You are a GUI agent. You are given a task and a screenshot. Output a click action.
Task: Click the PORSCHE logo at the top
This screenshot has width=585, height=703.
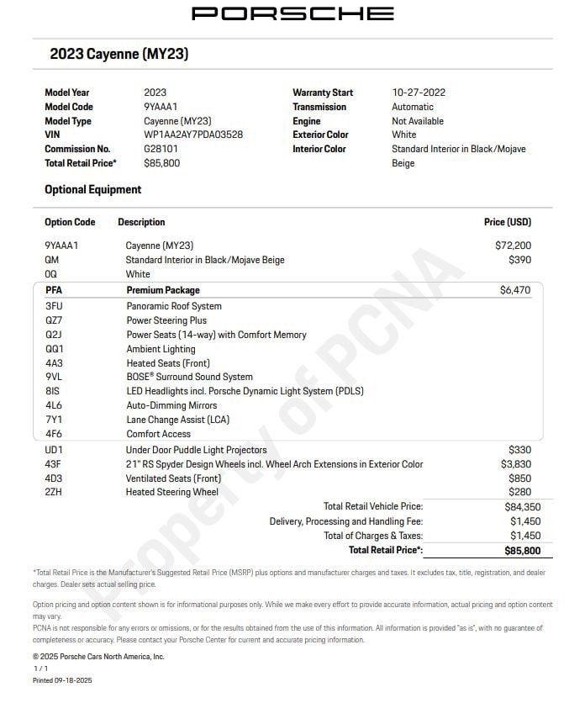292,13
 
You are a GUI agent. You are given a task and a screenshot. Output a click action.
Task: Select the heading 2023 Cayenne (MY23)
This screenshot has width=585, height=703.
119,54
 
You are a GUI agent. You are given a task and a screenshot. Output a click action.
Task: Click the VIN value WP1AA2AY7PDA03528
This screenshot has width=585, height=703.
193,135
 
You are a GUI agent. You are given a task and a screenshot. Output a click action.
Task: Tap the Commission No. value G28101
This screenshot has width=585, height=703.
161,149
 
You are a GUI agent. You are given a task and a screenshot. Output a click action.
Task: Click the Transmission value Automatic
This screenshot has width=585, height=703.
413,107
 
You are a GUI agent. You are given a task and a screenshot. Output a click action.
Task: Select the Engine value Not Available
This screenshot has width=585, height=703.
418,121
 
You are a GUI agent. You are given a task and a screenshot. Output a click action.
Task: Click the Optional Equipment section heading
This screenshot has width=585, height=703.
93,189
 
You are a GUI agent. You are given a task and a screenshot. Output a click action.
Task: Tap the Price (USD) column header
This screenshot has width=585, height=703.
507,222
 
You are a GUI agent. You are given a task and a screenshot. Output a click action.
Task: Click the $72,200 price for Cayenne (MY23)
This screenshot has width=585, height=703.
513,246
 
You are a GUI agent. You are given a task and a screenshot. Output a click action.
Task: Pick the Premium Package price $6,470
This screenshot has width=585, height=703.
515,290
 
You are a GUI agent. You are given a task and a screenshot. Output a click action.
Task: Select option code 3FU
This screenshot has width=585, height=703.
54,306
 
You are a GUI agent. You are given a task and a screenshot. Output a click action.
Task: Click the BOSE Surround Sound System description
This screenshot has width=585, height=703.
189,377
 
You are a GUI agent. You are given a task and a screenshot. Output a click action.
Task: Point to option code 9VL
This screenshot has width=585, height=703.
54,377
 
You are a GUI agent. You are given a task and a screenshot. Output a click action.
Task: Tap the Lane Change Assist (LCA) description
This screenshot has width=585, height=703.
177,420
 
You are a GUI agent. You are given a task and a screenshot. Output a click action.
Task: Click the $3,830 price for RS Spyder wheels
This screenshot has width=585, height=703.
516,464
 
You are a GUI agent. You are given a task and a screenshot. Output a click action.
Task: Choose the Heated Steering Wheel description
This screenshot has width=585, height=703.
171,492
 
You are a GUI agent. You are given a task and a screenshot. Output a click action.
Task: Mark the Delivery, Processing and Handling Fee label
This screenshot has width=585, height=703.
345,521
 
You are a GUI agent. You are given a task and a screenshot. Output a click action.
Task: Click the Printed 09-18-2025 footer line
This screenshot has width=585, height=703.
62,679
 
